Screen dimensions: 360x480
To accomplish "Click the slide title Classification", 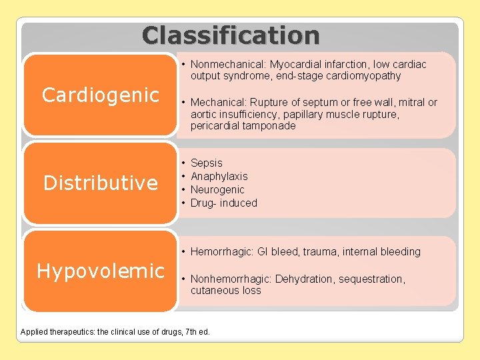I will (231, 35).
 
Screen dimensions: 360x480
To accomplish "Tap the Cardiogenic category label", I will (101, 95).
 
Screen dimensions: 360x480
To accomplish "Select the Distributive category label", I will (101, 183).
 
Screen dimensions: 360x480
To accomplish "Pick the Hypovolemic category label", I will (101, 271).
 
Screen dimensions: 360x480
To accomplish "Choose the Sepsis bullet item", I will (207, 163).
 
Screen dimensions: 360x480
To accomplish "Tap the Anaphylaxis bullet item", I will (219, 176).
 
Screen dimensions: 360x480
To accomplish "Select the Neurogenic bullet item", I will (217, 189).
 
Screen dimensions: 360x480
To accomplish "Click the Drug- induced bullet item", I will (224, 203).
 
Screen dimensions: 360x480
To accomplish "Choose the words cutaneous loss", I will (225, 290).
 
